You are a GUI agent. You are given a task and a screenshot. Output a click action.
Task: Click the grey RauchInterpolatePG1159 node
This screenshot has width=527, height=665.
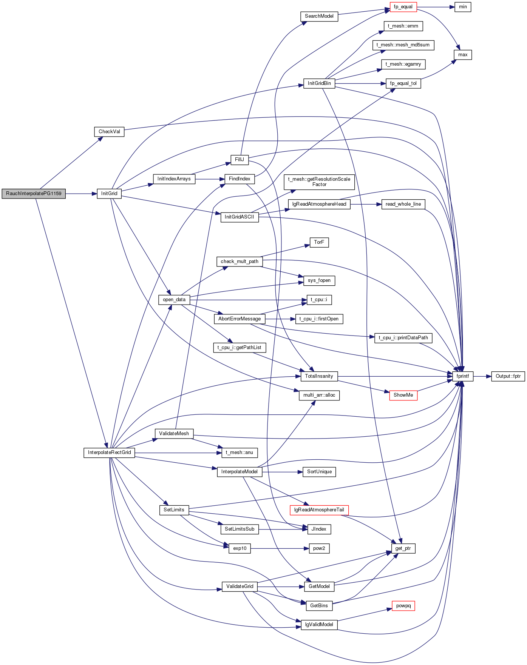tap(34, 194)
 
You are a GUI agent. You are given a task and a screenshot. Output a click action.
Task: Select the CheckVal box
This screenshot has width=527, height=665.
tap(109, 132)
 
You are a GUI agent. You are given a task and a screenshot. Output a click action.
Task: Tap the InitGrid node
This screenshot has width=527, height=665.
tap(109, 194)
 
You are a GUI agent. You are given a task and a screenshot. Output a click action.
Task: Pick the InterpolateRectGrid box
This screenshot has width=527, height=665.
tap(109, 453)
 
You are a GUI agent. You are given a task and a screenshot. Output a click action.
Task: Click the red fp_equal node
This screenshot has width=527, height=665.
tap(403, 7)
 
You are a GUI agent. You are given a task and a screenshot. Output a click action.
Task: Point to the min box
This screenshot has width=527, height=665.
tap(463, 7)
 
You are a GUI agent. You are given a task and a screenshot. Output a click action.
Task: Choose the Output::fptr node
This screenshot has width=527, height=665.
tap(508, 376)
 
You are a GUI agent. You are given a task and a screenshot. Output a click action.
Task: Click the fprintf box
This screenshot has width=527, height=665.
tap(463, 376)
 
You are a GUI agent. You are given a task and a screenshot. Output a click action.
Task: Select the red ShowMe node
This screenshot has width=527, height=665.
tap(403, 395)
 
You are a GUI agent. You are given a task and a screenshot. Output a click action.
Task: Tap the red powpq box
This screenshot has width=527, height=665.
tap(403, 606)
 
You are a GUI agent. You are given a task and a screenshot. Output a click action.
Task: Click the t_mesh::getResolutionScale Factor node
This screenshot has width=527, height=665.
tap(319, 182)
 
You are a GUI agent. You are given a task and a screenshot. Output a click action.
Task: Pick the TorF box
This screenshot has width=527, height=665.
tap(319, 242)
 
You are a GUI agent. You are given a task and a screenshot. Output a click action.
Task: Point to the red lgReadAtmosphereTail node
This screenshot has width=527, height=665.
tap(319, 510)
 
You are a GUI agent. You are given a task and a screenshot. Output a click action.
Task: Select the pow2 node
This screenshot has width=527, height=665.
tap(319, 548)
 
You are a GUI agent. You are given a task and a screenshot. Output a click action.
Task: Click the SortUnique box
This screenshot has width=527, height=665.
tap(319, 472)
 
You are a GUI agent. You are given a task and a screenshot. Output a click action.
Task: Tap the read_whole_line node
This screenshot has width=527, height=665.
tap(403, 204)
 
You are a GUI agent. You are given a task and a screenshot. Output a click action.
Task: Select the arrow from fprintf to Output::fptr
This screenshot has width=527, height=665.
tap(482, 376)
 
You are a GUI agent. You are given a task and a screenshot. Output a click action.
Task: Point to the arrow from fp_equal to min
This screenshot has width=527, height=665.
tap(436, 7)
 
